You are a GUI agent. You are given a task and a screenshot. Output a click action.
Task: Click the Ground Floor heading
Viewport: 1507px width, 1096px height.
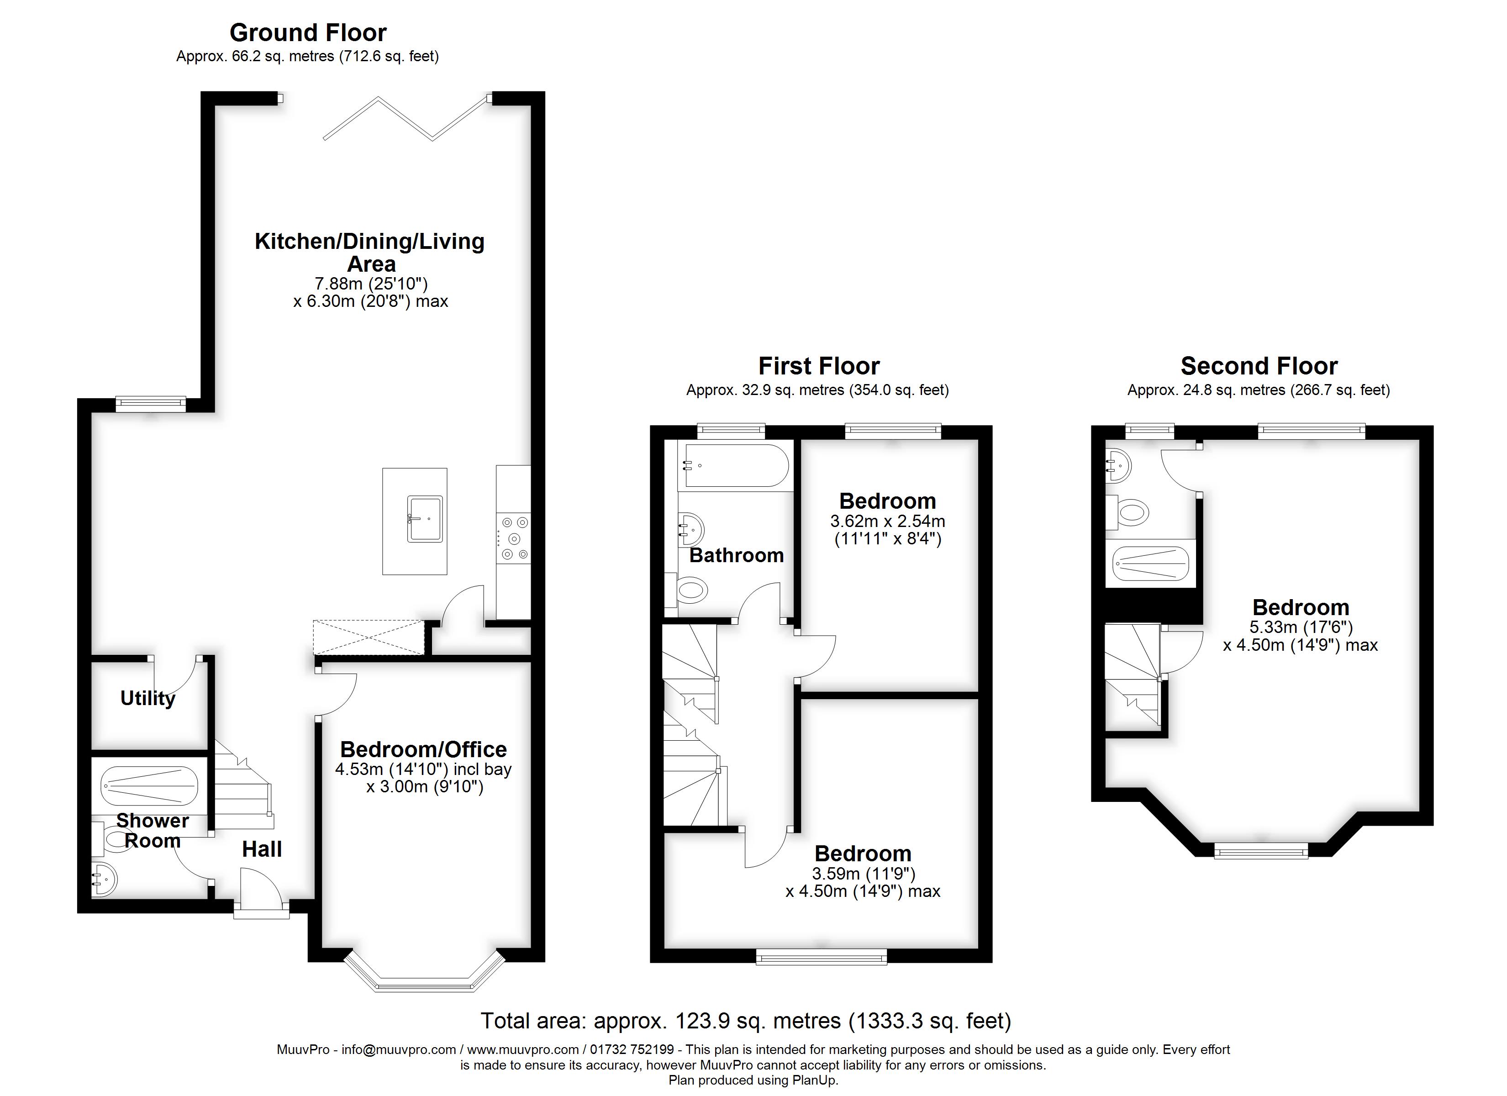[x=308, y=32]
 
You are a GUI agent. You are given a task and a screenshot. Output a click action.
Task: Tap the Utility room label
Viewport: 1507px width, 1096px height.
[x=148, y=698]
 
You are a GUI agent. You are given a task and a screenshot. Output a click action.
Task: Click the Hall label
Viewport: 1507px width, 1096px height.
[x=262, y=849]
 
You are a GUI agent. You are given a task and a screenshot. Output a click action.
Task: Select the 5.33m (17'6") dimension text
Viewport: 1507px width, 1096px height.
[x=1300, y=627]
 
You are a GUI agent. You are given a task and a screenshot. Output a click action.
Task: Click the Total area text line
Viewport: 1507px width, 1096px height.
[x=746, y=1020]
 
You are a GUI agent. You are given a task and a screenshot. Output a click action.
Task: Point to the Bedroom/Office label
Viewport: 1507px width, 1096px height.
[x=423, y=749]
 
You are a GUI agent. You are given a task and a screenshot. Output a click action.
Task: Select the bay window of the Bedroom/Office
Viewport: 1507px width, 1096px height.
[x=425, y=977]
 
